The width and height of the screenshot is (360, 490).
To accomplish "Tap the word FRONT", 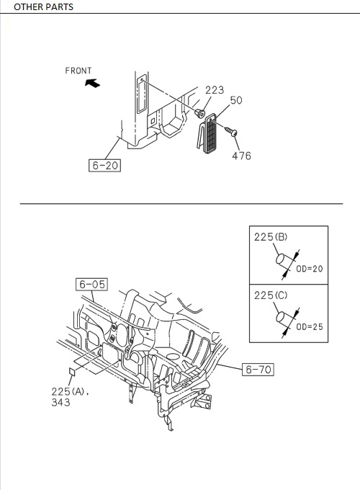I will click(x=78, y=71).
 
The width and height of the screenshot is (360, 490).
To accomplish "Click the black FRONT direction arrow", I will click(x=91, y=84).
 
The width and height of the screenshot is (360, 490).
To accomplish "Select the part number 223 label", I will click(x=214, y=90).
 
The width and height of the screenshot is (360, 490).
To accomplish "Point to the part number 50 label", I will click(x=236, y=101).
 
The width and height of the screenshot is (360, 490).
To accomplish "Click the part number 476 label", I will click(x=241, y=156).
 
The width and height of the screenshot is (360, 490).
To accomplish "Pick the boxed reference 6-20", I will click(x=104, y=166).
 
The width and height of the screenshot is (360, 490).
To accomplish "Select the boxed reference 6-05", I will click(x=91, y=284).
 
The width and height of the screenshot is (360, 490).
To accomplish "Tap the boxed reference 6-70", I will click(x=258, y=370).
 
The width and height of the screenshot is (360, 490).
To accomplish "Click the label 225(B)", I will click(x=271, y=236).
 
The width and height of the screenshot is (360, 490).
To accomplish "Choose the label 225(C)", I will click(x=271, y=295).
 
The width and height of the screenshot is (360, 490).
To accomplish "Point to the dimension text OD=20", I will click(x=310, y=269).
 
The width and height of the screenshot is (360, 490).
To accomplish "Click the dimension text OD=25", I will click(x=310, y=326).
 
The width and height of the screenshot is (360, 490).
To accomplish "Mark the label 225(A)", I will click(x=69, y=391).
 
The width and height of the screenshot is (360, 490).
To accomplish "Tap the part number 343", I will click(x=60, y=403).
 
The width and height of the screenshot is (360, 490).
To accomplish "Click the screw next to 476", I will click(x=232, y=132).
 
